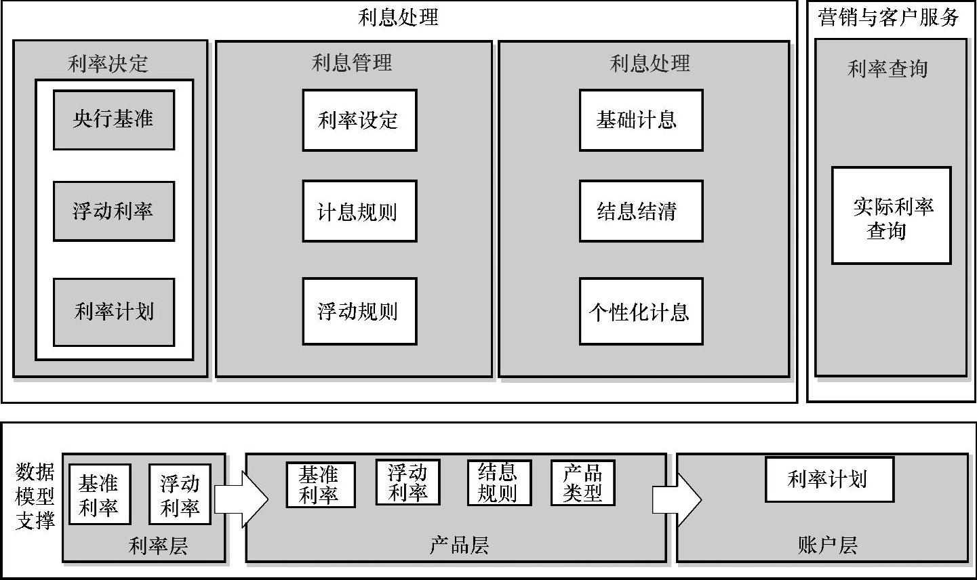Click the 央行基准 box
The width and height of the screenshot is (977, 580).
(114, 120)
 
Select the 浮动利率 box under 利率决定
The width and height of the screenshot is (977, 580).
(114, 211)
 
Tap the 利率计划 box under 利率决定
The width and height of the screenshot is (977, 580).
(114, 312)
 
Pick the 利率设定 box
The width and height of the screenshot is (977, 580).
(359, 120)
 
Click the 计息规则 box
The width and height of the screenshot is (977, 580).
(359, 211)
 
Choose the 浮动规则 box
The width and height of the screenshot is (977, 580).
(359, 311)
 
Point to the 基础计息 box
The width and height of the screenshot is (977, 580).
(641, 120)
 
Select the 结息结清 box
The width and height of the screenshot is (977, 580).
(641, 211)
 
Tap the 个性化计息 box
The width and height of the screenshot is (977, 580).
(641, 311)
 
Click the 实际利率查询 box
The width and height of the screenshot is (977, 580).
(892, 215)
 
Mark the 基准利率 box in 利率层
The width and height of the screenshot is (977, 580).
(100, 495)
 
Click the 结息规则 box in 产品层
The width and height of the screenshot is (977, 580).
(499, 482)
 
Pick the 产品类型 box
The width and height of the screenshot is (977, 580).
(582, 482)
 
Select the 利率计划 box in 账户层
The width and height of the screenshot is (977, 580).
(829, 479)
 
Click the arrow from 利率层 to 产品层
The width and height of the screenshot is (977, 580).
(241, 499)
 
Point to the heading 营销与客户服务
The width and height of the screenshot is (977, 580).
(889, 17)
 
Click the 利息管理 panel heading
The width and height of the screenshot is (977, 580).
(352, 63)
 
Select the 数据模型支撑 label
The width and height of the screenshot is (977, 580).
(35, 496)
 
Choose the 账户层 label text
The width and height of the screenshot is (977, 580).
(827, 545)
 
